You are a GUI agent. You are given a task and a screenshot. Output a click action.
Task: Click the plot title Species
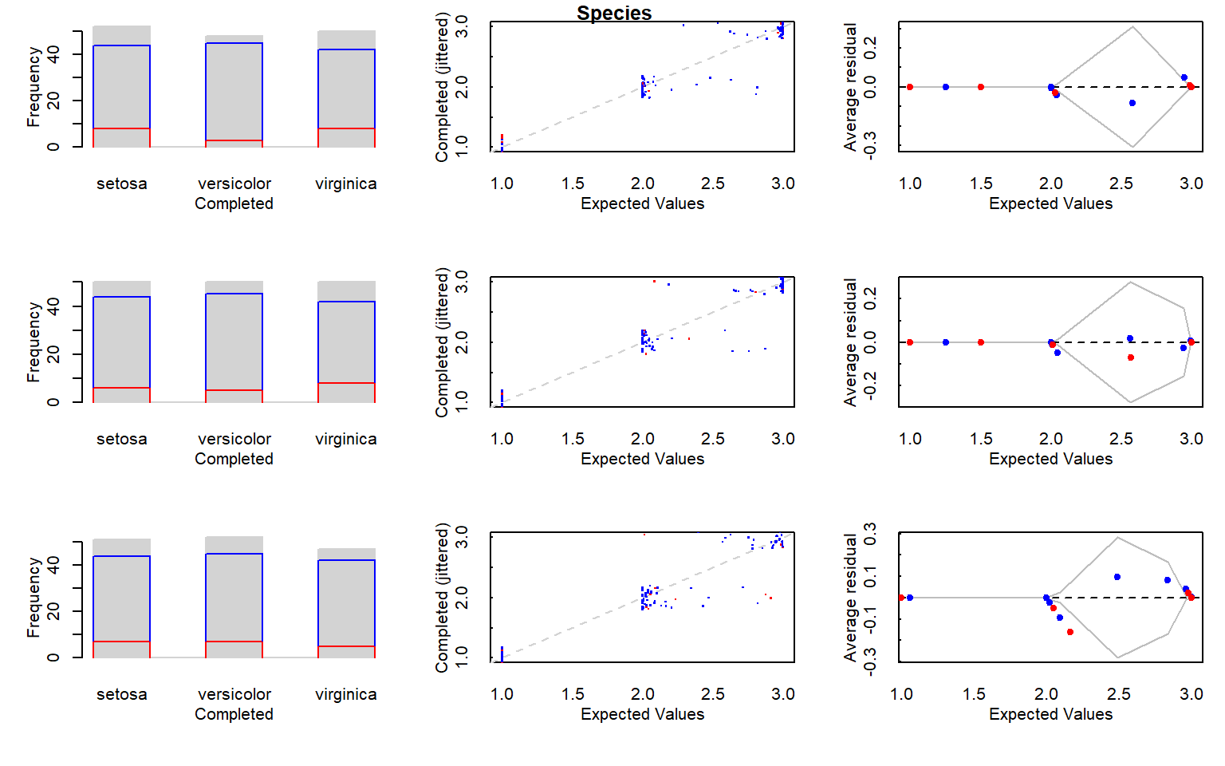click(614, 14)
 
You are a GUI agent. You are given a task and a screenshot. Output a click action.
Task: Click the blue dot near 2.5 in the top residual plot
click(1132, 103)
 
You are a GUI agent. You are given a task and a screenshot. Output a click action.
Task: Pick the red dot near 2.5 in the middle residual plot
click(1131, 357)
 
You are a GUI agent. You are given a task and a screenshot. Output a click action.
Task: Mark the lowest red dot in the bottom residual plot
click(1070, 632)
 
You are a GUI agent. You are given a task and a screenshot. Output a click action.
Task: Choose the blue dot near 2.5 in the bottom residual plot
click(1117, 577)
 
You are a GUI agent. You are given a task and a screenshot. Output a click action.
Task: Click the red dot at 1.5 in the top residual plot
click(981, 87)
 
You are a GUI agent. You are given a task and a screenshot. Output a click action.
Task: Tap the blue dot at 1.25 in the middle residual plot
click(946, 342)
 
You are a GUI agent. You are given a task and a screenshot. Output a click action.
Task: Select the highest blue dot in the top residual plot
click(1184, 77)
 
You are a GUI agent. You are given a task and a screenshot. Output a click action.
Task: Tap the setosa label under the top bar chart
click(122, 184)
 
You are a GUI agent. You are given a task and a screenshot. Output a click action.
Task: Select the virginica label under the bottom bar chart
click(346, 694)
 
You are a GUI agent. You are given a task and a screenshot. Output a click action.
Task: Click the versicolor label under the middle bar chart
click(234, 439)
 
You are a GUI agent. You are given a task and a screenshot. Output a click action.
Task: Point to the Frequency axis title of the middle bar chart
click(33, 342)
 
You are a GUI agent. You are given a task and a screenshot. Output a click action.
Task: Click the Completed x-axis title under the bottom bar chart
click(234, 714)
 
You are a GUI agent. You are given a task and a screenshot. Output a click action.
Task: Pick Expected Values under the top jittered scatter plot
click(642, 203)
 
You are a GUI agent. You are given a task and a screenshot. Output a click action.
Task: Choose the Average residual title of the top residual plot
click(850, 87)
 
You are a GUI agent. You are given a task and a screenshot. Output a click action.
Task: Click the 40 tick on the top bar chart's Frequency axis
click(53, 54)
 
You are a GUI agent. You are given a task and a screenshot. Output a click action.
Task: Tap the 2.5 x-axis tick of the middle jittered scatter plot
click(713, 439)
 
